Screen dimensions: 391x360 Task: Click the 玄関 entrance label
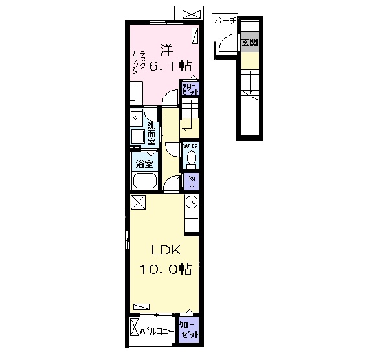(250, 43)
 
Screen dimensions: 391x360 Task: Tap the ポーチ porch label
(225, 21)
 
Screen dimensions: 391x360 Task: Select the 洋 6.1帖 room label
(170, 58)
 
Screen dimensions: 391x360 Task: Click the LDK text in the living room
(166, 250)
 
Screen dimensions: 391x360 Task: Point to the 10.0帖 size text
(166, 269)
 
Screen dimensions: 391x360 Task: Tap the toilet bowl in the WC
(191, 159)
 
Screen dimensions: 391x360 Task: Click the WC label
(190, 146)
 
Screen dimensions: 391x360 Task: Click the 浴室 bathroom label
(144, 164)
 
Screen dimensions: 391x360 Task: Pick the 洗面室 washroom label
(152, 134)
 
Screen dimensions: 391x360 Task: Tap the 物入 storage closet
(192, 181)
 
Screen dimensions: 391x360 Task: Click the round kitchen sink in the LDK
(192, 202)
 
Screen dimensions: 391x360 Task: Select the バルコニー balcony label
(157, 331)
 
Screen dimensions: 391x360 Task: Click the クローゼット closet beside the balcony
(189, 330)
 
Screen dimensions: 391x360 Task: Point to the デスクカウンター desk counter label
(139, 64)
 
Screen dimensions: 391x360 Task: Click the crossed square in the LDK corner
(138, 202)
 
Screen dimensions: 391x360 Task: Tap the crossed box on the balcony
(135, 327)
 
